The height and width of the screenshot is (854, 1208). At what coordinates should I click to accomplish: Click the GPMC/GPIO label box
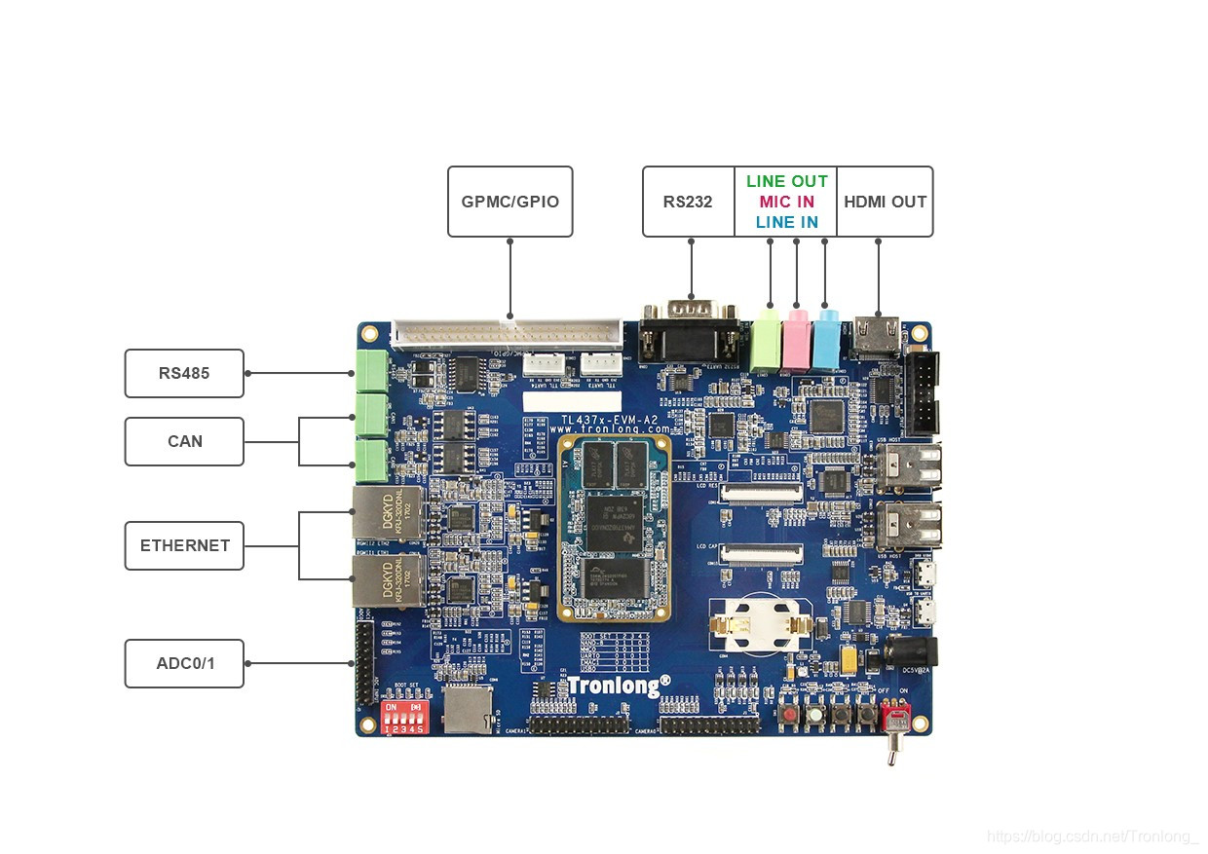point(510,202)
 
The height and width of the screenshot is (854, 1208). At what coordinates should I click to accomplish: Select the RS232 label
point(688,202)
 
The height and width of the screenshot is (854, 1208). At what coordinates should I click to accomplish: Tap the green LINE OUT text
point(786,181)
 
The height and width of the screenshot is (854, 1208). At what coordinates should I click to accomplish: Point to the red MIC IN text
point(786,202)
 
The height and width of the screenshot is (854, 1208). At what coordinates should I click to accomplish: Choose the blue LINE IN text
point(786,222)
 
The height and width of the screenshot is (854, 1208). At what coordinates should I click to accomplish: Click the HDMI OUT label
point(885,202)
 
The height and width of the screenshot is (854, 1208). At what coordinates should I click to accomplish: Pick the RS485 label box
point(184,373)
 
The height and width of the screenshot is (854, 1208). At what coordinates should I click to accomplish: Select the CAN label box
point(184,441)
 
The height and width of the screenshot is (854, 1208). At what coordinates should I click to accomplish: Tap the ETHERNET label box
point(184,545)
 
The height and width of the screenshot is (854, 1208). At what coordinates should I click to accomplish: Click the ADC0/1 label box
point(184,663)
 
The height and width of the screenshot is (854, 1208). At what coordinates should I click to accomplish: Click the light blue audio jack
point(825,338)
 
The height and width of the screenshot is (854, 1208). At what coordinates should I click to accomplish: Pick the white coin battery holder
point(760,623)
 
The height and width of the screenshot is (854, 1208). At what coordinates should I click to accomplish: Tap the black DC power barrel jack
point(912,653)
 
